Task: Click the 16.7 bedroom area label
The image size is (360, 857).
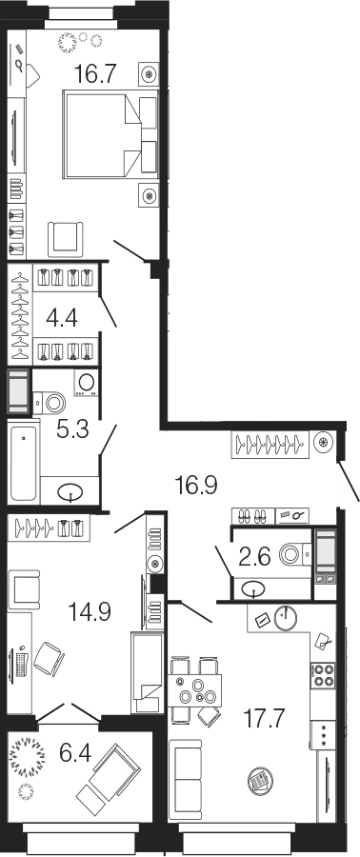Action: click(95, 73)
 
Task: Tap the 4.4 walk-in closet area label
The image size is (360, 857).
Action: click(62, 317)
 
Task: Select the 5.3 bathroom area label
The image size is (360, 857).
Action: click(72, 430)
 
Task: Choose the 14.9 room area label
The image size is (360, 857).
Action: click(90, 611)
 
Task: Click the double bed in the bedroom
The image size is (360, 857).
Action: click(110, 134)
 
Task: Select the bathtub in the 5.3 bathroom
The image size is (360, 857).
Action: click(24, 463)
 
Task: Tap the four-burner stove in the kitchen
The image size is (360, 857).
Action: click(323, 674)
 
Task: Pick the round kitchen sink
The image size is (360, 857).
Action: click(285, 618)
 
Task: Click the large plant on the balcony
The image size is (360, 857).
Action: click(28, 755)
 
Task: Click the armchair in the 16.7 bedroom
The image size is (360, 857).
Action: click(66, 239)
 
